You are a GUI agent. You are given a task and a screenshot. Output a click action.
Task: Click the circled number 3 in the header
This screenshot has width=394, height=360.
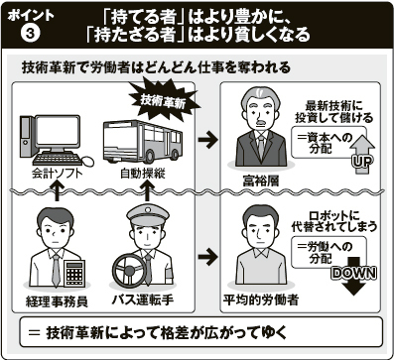click(x=31, y=34)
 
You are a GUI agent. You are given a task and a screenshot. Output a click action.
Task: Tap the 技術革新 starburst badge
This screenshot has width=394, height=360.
click(x=163, y=101)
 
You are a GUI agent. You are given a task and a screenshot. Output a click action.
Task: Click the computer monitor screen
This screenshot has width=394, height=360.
click(x=59, y=131)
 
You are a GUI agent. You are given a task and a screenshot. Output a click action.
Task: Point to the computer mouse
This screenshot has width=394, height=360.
click(x=87, y=162)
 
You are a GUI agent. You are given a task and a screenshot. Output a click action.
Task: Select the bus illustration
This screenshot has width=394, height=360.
click(x=143, y=142)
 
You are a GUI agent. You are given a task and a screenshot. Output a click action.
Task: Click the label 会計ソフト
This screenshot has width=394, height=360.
click(x=58, y=174)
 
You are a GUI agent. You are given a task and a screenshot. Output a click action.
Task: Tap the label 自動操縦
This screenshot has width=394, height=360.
click(x=142, y=174)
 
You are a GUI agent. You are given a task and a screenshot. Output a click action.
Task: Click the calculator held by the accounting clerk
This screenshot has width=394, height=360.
click(x=74, y=273)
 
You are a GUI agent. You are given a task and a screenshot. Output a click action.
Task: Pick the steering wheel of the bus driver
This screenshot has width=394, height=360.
click(x=129, y=271)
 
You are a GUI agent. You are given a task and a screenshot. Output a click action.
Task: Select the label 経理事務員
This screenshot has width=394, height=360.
click(x=57, y=301)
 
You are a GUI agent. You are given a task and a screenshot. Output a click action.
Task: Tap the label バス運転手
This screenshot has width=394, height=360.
click(x=143, y=300)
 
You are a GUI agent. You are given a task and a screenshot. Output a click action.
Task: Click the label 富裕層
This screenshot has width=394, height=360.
click(x=261, y=180)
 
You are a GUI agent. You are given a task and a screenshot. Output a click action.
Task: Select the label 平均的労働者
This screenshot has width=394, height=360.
click(x=261, y=300)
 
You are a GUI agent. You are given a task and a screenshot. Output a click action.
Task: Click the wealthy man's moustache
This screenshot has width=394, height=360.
click(x=261, y=123)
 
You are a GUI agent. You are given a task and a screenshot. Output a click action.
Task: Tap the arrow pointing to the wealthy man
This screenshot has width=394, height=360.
click(x=208, y=140)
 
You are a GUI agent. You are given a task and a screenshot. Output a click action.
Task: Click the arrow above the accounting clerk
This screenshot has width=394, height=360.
click(x=58, y=191)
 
